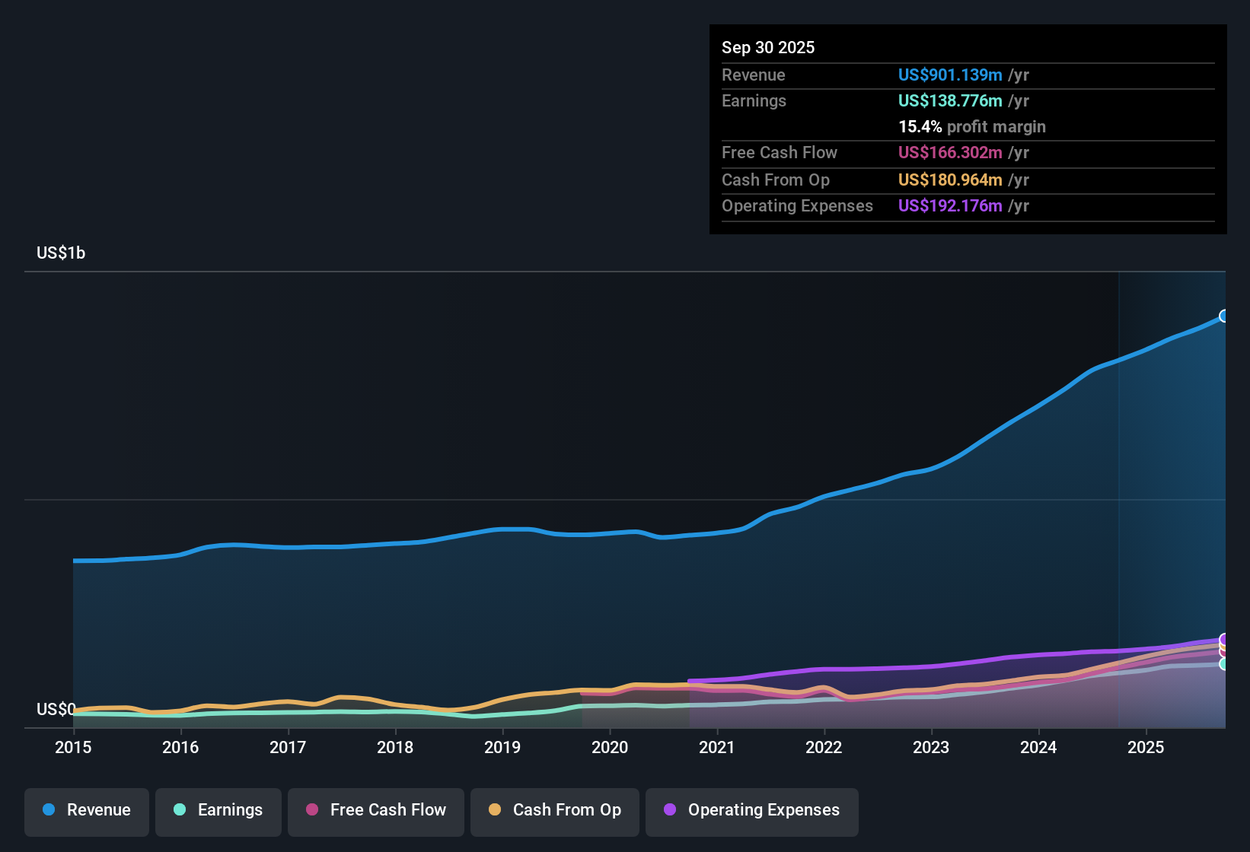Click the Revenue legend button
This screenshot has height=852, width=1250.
coord(87,812)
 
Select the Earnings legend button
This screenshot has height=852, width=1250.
coord(218,812)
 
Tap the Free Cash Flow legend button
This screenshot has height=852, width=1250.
coord(375,812)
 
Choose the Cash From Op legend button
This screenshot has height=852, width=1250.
coord(555,812)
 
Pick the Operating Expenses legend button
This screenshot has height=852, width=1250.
coord(751,812)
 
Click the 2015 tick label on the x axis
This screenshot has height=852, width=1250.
coord(73,747)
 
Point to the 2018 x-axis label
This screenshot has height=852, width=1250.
coord(395,747)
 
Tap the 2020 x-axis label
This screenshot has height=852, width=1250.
coord(610,747)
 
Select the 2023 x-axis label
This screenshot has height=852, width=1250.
coord(931,747)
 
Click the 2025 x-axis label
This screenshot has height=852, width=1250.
coord(1146,747)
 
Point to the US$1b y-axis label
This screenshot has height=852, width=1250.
coord(61,253)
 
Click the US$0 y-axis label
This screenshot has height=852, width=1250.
coord(56,709)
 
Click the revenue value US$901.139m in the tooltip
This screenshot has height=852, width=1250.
coord(950,75)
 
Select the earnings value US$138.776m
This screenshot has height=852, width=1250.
coord(950,101)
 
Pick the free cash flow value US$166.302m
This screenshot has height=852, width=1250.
coord(950,152)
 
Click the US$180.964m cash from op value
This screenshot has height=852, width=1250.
coord(950,180)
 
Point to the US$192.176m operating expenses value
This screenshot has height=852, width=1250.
coord(950,205)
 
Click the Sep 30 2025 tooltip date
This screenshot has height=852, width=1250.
coord(768,47)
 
